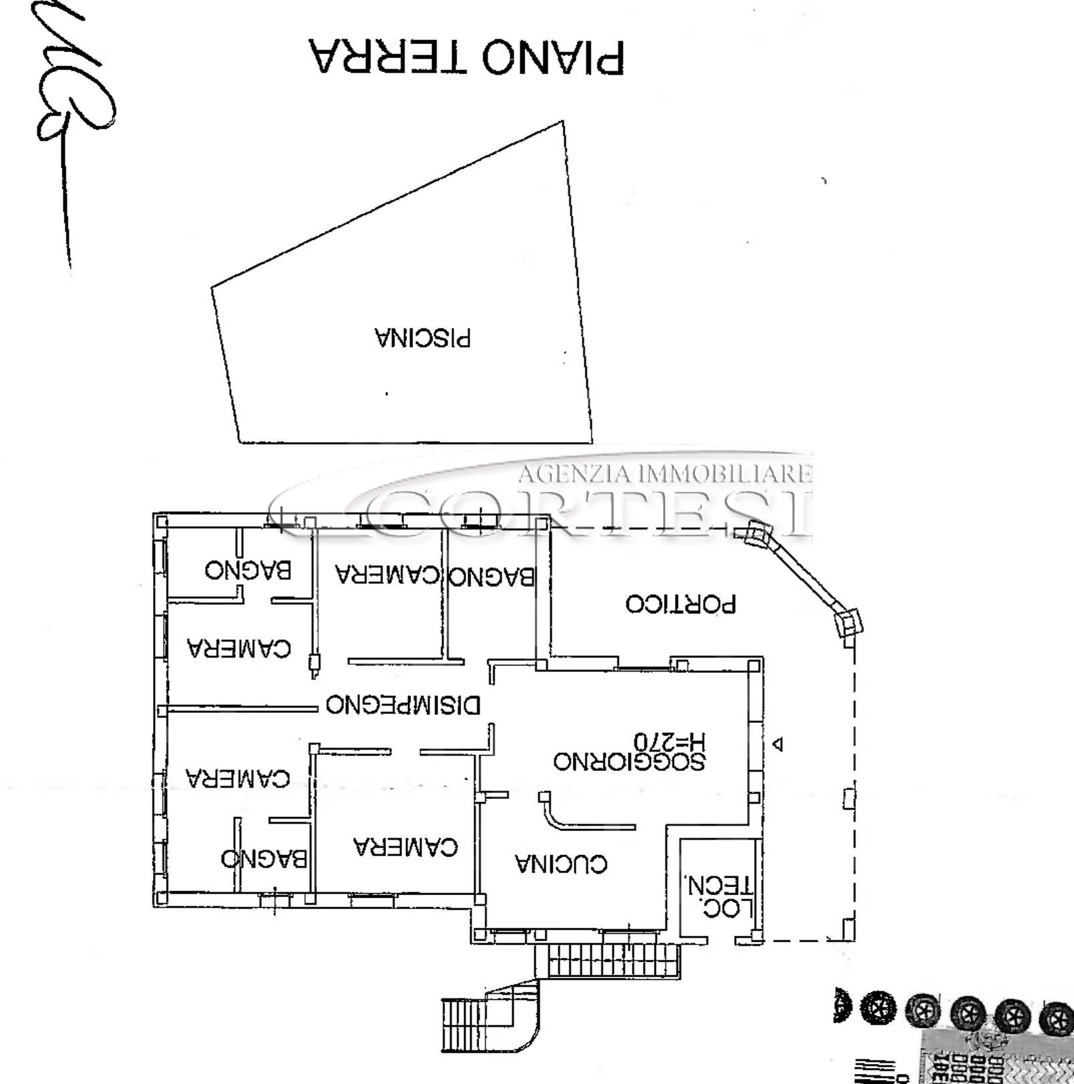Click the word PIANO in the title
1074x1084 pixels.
552,57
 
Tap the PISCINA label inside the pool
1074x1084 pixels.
423,338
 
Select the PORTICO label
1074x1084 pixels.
681,603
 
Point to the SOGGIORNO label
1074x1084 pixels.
629,761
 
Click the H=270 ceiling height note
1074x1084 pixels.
669,741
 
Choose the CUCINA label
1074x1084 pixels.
561,864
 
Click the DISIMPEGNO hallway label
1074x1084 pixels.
403,704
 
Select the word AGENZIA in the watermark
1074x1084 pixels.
573,474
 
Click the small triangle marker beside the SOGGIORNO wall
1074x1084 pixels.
777,743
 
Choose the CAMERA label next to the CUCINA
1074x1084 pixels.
405,846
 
